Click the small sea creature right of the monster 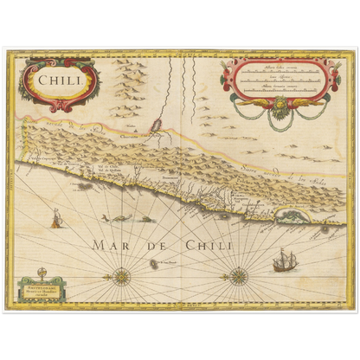147,219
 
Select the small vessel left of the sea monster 55,220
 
